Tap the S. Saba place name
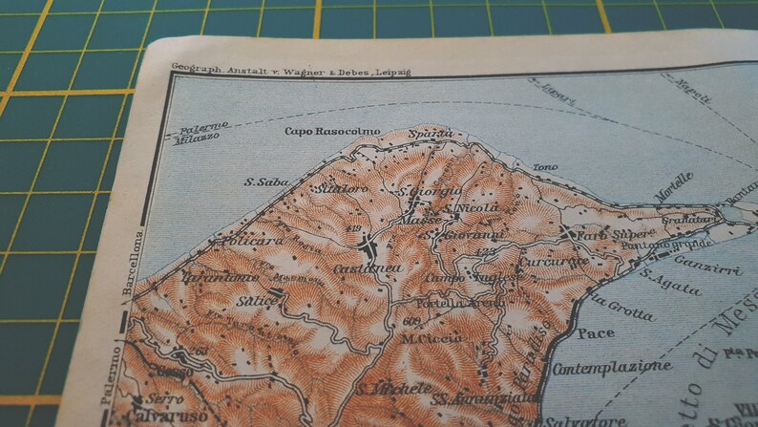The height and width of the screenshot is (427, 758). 260,181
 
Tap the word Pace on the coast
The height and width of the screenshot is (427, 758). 596,333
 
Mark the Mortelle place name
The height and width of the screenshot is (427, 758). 674,185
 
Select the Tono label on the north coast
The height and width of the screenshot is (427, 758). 545,167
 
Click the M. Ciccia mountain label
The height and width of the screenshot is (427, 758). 432,336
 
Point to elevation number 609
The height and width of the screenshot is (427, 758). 411,320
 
